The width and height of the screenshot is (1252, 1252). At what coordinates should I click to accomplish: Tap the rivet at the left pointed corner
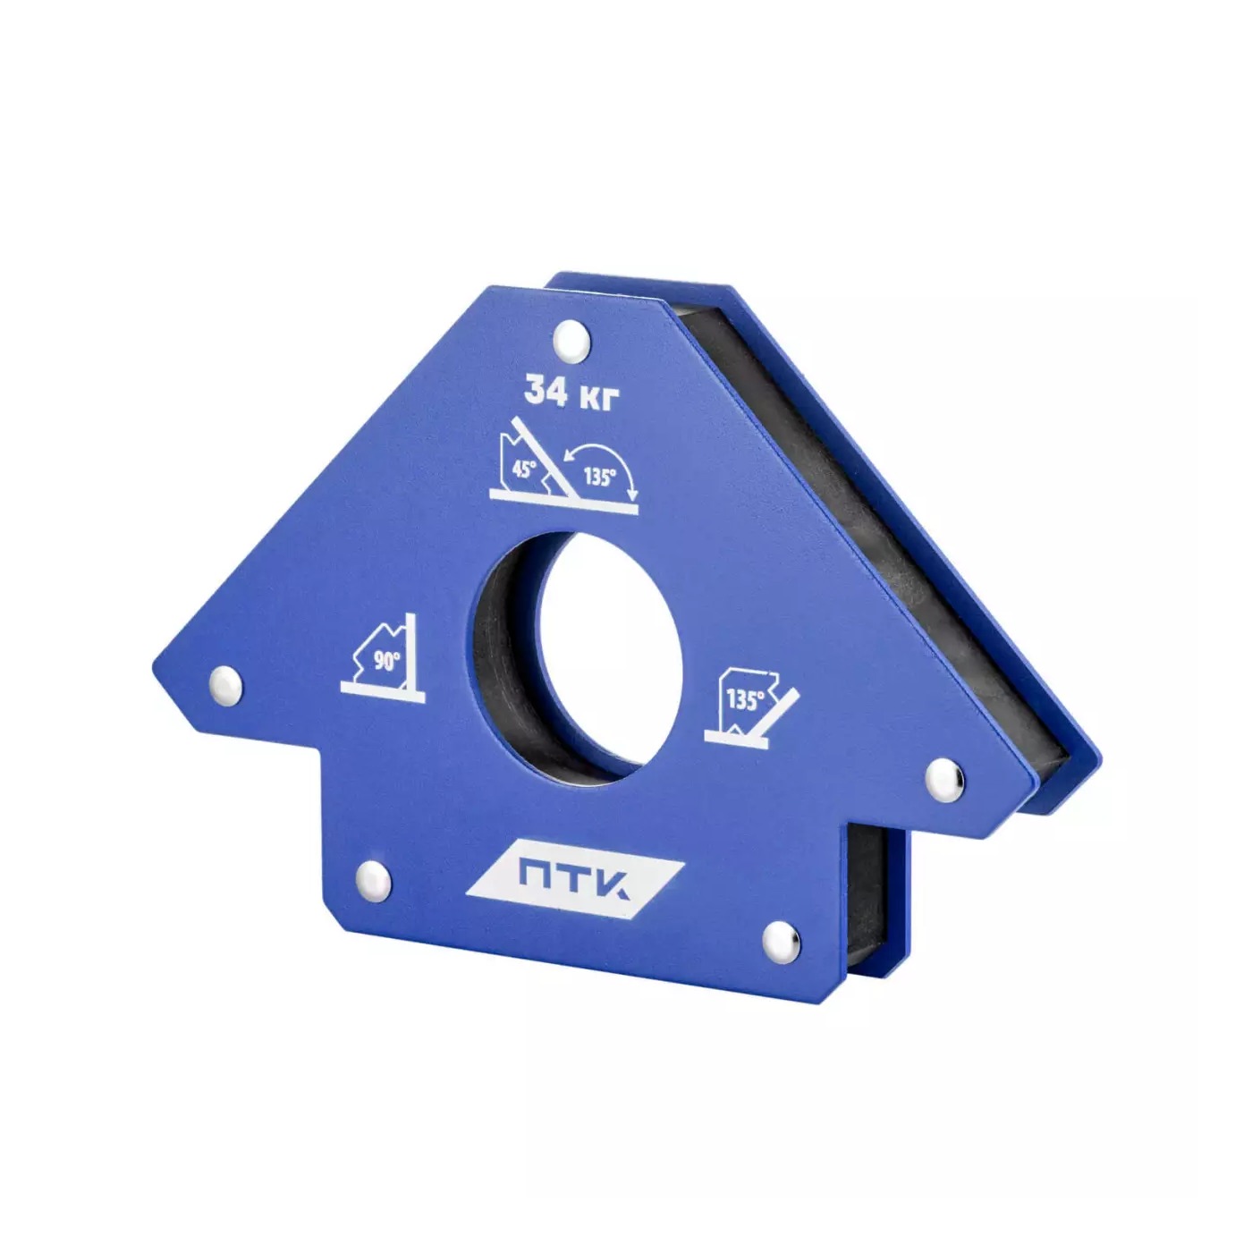pos(225,683)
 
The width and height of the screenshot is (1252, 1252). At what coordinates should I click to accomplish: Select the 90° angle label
pos(386,661)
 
